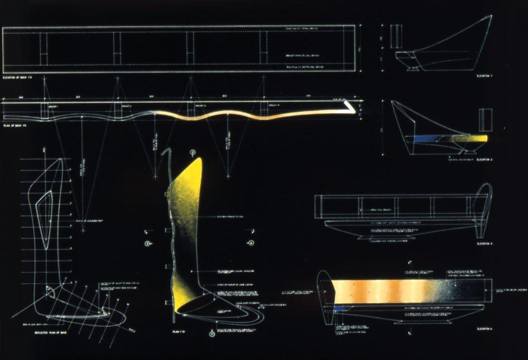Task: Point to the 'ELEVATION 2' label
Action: (x=484, y=160)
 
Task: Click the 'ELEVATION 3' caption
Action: (x=484, y=244)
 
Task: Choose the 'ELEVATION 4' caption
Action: (x=484, y=329)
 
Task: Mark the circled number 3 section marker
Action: (x=147, y=245)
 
